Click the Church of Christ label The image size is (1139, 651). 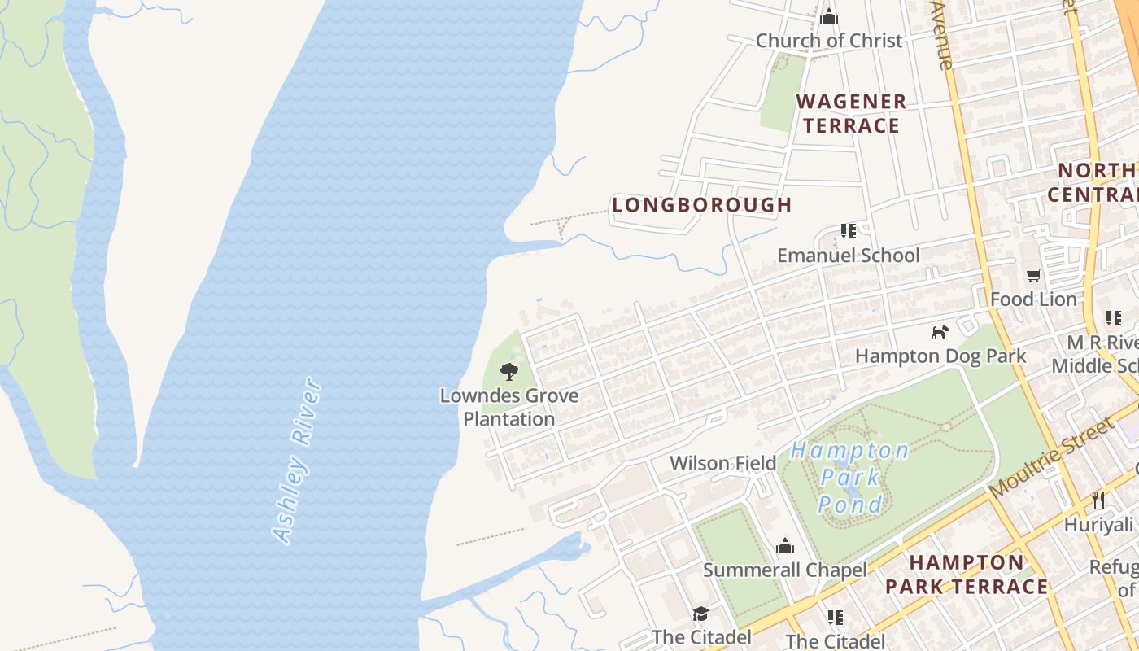[x=829, y=41]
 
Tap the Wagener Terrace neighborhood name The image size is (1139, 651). [x=850, y=114]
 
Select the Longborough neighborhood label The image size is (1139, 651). [x=702, y=205]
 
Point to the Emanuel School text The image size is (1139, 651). [x=848, y=256]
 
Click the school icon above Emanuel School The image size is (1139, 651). [x=849, y=231]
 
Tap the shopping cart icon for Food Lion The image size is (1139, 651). [x=1033, y=275]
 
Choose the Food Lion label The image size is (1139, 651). [x=1033, y=299]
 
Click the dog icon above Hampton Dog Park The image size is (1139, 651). [x=940, y=332]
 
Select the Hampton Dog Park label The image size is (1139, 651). [x=940, y=356]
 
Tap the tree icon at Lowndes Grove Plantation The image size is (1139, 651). [x=509, y=372]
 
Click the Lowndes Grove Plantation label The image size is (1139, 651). [x=509, y=408]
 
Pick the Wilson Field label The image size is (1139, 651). [x=722, y=464]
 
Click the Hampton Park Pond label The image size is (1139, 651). [x=850, y=477]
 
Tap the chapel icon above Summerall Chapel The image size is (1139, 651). [x=784, y=545]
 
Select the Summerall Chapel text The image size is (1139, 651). [x=784, y=570]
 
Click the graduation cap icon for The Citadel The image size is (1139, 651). [x=700, y=614]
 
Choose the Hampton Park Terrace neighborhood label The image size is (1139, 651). [x=967, y=575]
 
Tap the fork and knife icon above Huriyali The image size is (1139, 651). [x=1098, y=500]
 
